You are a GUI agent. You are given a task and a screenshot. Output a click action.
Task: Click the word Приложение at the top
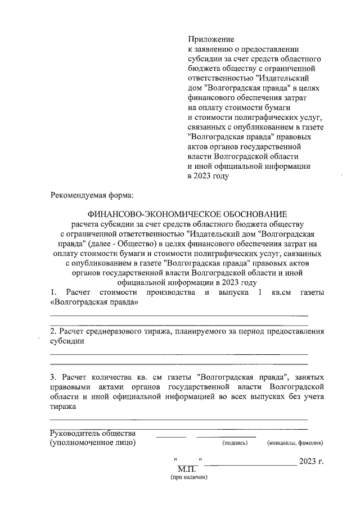(210, 39)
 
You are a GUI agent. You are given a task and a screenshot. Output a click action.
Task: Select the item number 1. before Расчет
(54, 293)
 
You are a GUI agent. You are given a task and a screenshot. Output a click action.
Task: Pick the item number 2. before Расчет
(53, 332)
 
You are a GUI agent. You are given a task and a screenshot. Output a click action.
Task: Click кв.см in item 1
(283, 293)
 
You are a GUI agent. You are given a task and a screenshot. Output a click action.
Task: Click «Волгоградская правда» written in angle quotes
(94, 303)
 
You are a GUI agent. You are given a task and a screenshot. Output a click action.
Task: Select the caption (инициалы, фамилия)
(295, 443)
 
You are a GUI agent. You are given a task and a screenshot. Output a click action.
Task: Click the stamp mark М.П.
(186, 468)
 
